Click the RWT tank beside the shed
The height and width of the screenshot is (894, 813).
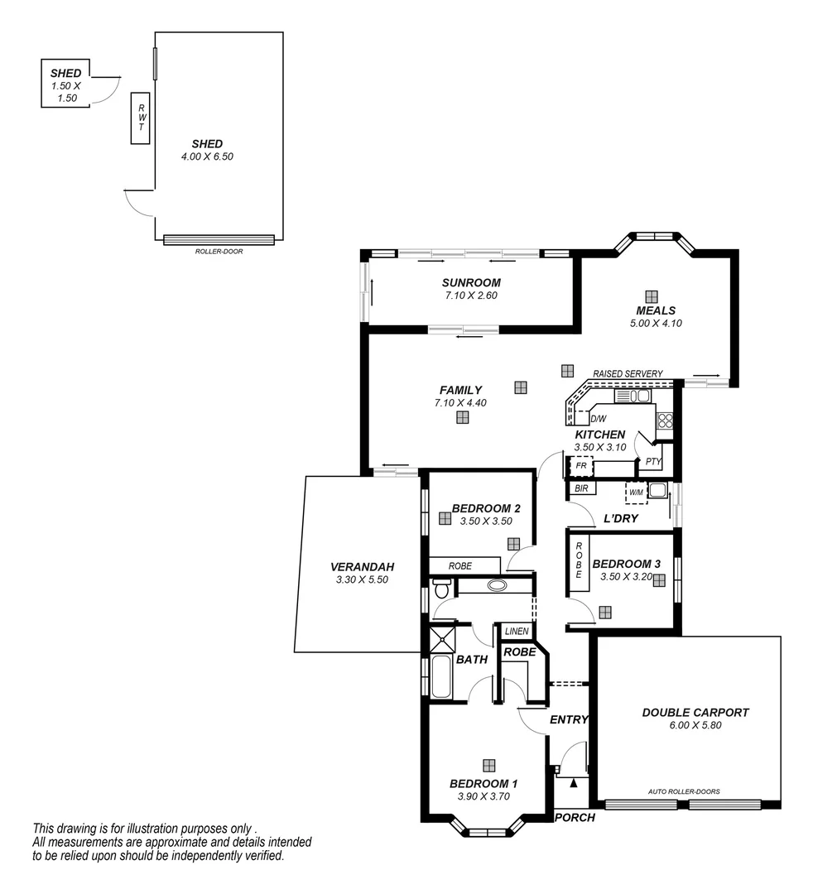click(x=141, y=118)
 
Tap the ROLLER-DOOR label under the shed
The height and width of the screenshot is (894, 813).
click(x=219, y=251)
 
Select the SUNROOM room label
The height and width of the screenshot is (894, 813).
click(x=471, y=282)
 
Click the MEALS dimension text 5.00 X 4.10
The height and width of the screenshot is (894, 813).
click(x=655, y=324)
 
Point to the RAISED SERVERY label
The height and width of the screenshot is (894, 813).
click(x=628, y=374)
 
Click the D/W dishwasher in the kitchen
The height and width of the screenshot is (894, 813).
click(x=598, y=418)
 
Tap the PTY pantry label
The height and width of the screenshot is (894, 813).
click(x=653, y=462)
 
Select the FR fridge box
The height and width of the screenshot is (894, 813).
click(x=580, y=467)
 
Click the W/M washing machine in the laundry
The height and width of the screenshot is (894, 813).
click(x=636, y=493)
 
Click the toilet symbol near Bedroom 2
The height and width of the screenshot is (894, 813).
click(x=441, y=589)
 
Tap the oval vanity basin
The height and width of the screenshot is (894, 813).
click(x=497, y=586)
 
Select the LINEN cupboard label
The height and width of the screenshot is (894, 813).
click(x=516, y=632)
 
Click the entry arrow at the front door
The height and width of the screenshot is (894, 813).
click(x=573, y=780)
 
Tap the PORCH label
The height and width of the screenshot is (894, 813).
click(x=575, y=817)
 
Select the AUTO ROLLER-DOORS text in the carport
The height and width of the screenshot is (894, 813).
click(x=683, y=791)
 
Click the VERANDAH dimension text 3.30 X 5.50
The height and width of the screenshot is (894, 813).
click(x=362, y=579)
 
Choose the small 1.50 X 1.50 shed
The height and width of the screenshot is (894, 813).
click(x=65, y=84)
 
